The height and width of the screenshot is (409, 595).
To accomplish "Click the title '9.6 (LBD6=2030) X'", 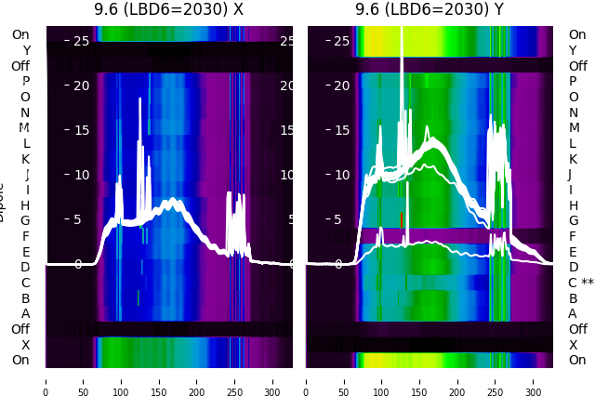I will [169, 10].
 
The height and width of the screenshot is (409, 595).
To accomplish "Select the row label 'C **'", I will [581, 283].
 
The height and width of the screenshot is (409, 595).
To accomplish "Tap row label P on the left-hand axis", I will [26, 81].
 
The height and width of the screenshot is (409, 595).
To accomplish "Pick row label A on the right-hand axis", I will [573, 313].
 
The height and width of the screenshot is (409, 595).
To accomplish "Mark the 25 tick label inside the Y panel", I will [341, 41].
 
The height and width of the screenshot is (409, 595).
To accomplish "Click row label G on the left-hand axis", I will [25, 220].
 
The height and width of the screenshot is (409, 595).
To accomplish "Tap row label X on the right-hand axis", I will [573, 345].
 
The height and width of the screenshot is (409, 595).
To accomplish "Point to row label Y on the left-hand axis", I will [26, 50].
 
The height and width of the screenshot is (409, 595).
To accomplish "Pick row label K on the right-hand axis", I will [573, 159].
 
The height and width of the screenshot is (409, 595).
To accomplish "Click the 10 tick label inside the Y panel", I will [341, 175].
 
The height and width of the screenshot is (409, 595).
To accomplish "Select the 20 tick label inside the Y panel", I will [341, 86].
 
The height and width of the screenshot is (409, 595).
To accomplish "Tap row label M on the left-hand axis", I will [24, 127].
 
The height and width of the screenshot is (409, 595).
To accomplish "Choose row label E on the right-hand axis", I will [573, 252].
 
